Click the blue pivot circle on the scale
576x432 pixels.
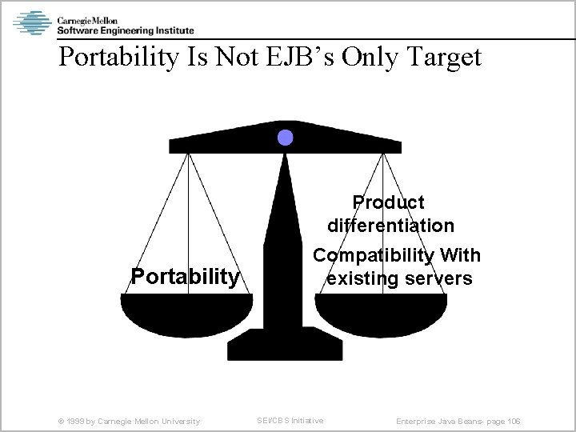point(285,138)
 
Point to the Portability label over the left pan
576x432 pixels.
point(185,277)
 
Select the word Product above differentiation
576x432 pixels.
point(389,202)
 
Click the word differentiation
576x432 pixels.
point(390,226)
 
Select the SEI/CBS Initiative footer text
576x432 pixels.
point(289,421)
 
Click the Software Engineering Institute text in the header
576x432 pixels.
point(125,30)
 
